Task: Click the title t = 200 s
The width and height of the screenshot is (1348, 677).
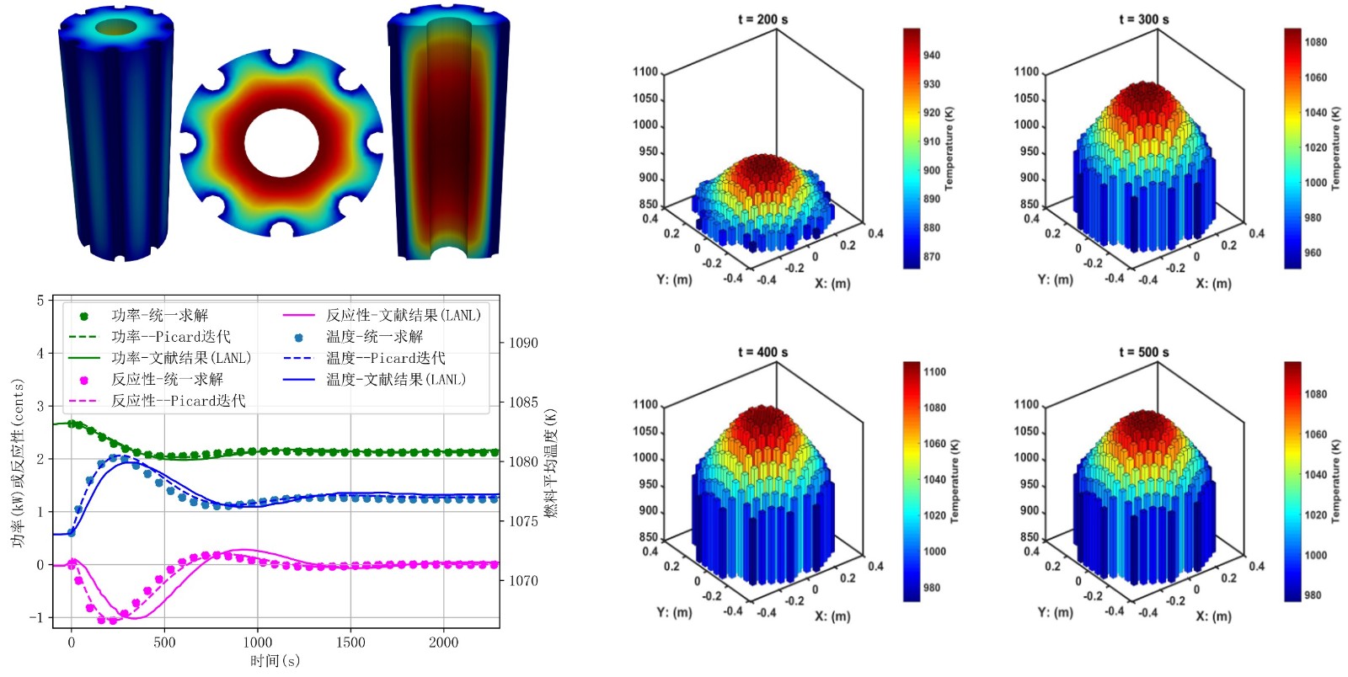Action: pyautogui.click(x=762, y=19)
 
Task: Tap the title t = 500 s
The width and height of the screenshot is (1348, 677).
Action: pyautogui.click(x=1143, y=352)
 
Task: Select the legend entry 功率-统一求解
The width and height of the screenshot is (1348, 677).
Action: pyautogui.click(x=159, y=316)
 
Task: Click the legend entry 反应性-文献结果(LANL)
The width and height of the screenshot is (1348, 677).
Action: pyautogui.click(x=403, y=316)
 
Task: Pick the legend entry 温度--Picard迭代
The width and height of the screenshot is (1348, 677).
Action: pyautogui.click(x=385, y=358)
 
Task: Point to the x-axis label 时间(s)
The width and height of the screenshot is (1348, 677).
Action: pyautogui.click(x=275, y=661)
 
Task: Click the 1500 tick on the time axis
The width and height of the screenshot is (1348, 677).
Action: pyautogui.click(x=350, y=642)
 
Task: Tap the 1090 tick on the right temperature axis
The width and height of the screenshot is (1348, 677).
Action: pyautogui.click(x=523, y=343)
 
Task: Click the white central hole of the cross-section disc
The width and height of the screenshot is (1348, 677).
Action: pyautogui.click(x=281, y=142)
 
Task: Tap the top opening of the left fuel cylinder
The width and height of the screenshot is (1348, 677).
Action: pyautogui.click(x=115, y=28)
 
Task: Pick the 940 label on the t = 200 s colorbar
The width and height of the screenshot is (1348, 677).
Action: pyautogui.click(x=931, y=56)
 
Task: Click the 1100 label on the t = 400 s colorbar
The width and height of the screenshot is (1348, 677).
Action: pyautogui.click(x=934, y=372)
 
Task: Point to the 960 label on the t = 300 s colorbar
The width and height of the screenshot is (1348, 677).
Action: pyautogui.click(x=1313, y=253)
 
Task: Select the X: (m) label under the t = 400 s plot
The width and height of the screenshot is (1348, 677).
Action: pyautogui.click(x=832, y=616)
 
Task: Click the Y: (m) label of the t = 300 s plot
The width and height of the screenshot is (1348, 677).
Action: pyautogui.click(x=1055, y=280)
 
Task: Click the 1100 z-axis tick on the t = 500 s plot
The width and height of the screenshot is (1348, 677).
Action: pyautogui.click(x=1026, y=405)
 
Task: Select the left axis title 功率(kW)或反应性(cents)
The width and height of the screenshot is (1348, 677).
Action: pyautogui.click(x=18, y=462)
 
